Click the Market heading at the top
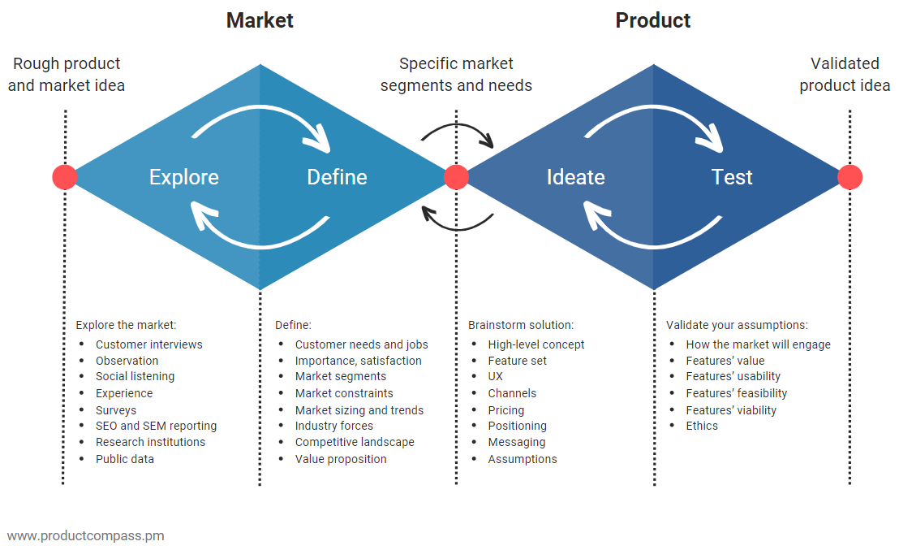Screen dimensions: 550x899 pos(260,20)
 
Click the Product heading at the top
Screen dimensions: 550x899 pos(652,20)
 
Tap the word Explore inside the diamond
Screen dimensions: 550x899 pos(183,177)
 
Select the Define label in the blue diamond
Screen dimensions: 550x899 pos(337,177)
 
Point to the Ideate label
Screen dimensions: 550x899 pos(575,177)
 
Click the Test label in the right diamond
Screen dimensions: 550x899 pos(732,177)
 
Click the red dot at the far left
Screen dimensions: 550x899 pos(64,177)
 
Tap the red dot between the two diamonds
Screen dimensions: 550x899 pos(456,177)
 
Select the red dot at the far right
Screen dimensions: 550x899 pos(850,177)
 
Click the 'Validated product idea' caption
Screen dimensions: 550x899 pos(845,75)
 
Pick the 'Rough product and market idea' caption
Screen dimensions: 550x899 pos(67,75)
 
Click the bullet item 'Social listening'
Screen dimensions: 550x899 pos(135,376)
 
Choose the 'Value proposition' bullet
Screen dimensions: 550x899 pos(341,459)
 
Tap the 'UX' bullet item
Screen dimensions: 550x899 pos(495,376)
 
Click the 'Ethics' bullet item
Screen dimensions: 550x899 pos(702,426)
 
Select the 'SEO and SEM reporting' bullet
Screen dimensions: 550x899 pos(156,426)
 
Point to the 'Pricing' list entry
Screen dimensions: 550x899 pos(505,410)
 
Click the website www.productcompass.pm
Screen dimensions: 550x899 pos(85,535)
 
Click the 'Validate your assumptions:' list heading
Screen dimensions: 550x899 pos(737,325)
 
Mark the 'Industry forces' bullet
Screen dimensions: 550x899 pos(334,426)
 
